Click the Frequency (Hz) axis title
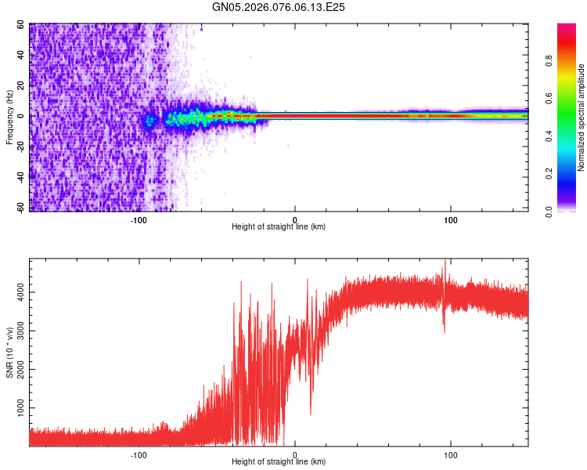coord(10,117)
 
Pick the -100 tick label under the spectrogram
coord(139,219)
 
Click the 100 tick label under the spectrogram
coord(451,219)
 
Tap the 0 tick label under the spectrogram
coord(295,219)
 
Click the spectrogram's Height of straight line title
coord(279,227)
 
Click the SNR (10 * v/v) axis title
coord(10,353)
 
